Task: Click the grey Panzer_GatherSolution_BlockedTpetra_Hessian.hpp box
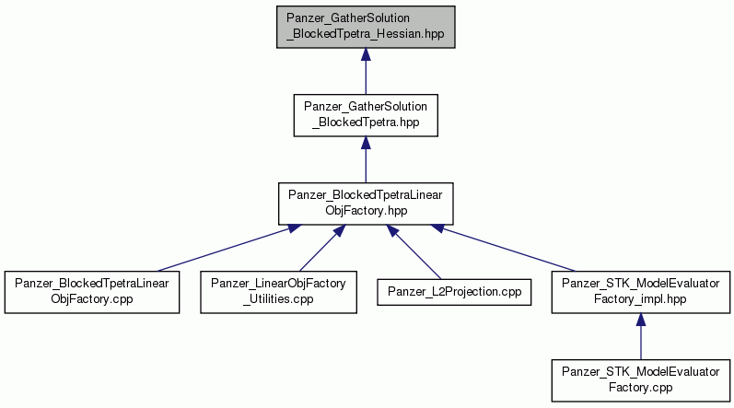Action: [366, 27]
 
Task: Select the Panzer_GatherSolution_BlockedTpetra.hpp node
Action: [366, 115]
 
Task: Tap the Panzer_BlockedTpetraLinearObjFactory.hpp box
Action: [366, 204]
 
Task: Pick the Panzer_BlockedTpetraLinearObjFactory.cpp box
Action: [92, 292]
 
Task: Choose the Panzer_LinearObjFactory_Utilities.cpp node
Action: [278, 292]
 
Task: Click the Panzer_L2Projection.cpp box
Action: [454, 292]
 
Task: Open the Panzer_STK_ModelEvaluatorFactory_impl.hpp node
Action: [640, 292]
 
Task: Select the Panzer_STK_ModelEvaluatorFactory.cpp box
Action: [640, 380]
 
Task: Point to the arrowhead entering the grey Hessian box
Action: [366, 54]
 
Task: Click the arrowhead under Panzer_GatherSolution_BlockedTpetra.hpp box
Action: [366, 143]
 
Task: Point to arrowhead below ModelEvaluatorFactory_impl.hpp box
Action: [640, 320]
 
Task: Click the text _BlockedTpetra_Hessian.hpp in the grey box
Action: [366, 34]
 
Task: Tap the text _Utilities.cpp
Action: [278, 299]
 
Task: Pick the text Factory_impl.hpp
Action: [640, 299]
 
